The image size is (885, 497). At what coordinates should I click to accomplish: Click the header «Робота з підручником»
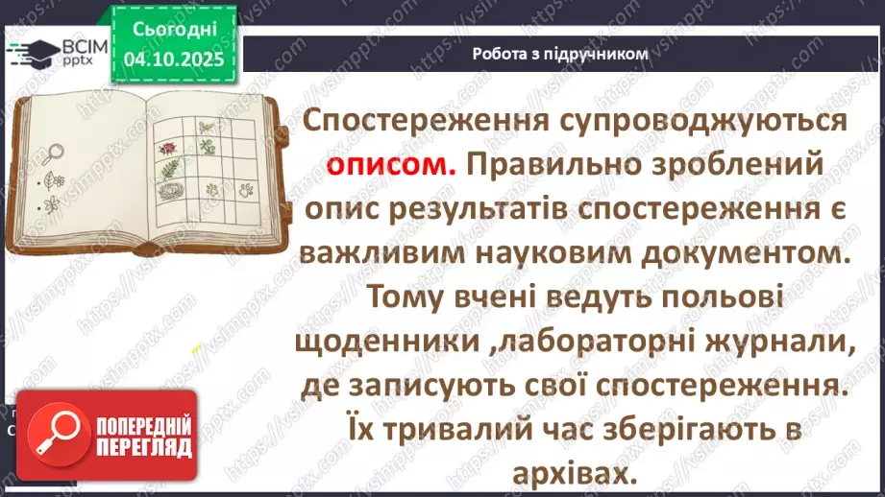[x=560, y=54]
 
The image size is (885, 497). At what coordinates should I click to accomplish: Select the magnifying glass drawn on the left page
[x=52, y=151]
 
